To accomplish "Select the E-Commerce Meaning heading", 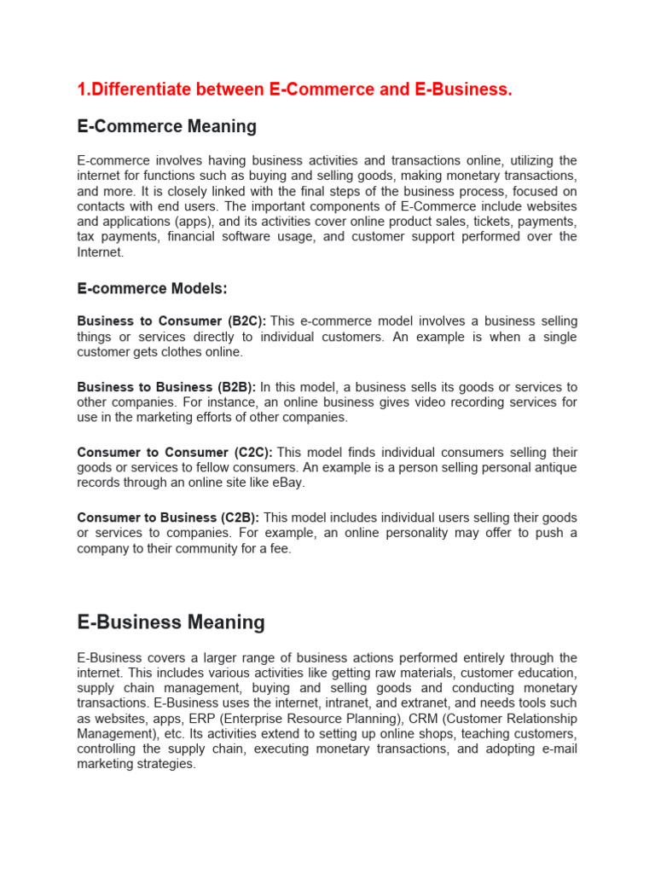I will [x=166, y=126].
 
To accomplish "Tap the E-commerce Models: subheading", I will [x=152, y=289].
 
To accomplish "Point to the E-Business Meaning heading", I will [x=171, y=622].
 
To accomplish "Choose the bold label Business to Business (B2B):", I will [x=166, y=387].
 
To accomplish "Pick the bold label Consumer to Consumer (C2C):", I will [x=175, y=453].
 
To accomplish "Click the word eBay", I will [x=288, y=483].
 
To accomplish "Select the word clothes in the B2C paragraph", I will [x=196, y=352].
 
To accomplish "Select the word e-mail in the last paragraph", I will [x=559, y=749].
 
